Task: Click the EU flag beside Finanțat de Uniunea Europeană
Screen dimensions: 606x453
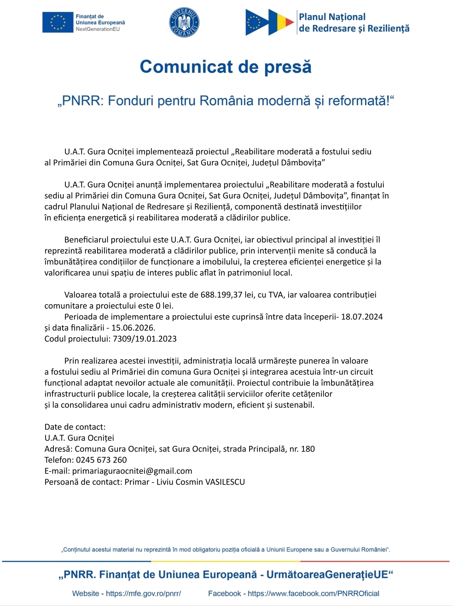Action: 58,23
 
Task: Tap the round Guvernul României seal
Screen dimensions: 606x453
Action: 184,23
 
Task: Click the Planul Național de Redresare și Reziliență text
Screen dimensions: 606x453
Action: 354,23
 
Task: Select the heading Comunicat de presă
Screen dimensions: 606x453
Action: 226,67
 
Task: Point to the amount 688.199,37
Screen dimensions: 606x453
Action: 221,295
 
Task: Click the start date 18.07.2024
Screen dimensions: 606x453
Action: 362,317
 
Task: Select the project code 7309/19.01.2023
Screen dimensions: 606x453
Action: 145,339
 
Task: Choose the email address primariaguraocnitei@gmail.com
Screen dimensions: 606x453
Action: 132,471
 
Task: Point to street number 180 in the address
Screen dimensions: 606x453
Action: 308,449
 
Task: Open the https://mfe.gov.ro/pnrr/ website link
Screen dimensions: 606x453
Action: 143,594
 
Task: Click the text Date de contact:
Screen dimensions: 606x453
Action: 75,427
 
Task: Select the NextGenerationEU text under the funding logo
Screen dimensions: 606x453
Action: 98,29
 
